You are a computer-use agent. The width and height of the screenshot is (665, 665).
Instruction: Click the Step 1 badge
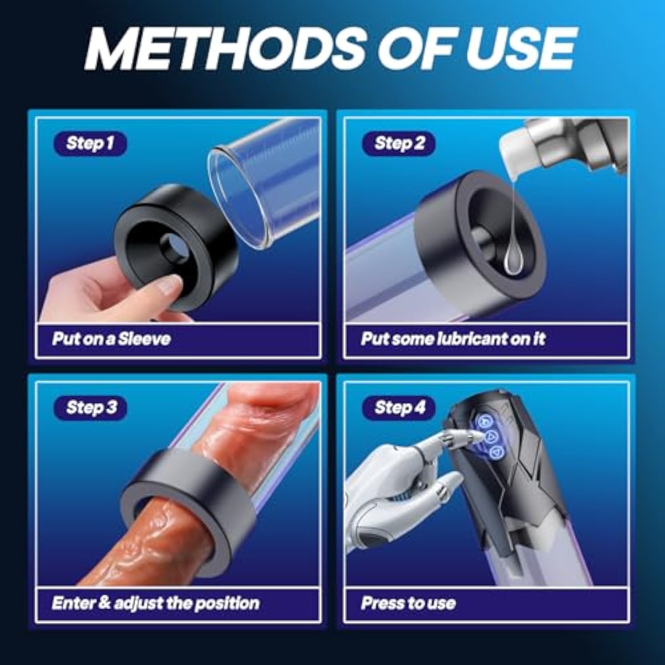point(90,143)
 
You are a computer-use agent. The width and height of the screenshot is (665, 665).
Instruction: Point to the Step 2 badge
point(399,143)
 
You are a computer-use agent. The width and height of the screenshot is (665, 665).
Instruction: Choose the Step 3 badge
point(90,408)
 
